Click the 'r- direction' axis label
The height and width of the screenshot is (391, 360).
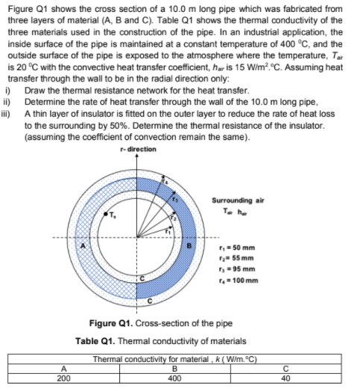(138, 149)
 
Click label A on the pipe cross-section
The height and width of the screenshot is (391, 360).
(84, 245)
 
